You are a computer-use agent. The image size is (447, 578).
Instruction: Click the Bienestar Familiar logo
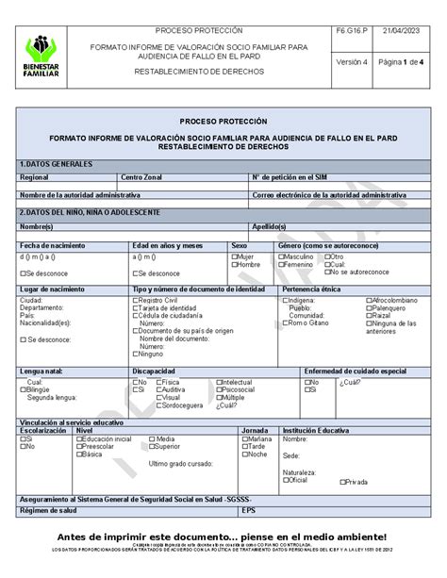[41, 55]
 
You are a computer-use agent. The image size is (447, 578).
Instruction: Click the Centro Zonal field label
[141, 177]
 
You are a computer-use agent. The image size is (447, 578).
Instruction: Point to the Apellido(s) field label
[269, 227]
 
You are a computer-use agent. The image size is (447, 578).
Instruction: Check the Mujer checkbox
[235, 256]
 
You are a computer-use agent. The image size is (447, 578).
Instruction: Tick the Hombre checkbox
[235, 265]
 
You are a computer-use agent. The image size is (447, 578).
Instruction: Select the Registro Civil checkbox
[136, 301]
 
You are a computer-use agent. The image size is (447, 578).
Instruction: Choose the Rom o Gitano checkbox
[285, 323]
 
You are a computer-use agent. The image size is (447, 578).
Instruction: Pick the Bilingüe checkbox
[23, 389]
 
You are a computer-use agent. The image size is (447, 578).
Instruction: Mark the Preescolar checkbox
[79, 447]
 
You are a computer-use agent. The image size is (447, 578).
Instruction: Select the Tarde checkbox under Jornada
[244, 447]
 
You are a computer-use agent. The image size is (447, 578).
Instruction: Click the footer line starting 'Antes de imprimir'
[223, 536]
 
